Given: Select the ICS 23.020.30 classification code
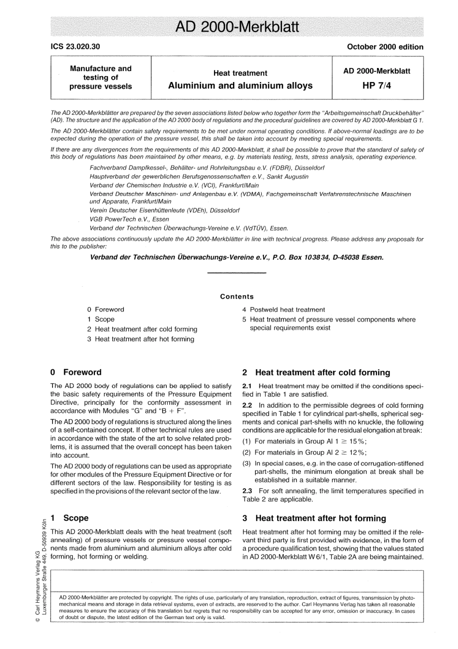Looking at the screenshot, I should click(x=75, y=47).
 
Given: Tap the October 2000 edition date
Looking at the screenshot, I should click(x=385, y=47).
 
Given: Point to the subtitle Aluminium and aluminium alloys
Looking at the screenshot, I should click(x=240, y=86).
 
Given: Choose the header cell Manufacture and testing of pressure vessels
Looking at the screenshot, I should click(x=101, y=78).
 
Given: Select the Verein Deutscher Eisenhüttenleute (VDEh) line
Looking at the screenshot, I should click(x=164, y=210).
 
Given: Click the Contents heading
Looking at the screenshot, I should click(x=237, y=297).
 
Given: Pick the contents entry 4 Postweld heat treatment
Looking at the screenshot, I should click(x=283, y=310).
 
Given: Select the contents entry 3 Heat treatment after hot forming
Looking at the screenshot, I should click(x=141, y=339).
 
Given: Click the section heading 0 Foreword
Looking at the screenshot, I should click(x=76, y=373).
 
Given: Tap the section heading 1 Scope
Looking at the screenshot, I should click(x=69, y=518).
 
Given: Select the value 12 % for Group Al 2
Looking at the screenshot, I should click(x=357, y=453).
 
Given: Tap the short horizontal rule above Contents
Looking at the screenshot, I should click(x=236, y=274).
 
